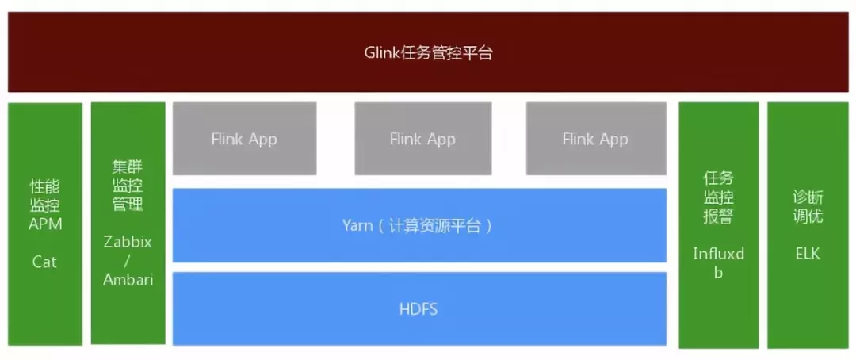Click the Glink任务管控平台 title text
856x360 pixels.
coord(428,54)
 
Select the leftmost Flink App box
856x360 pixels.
coord(245,139)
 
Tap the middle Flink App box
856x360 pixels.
coord(423,139)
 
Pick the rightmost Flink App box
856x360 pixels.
coord(596,139)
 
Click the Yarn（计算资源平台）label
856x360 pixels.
coord(418,226)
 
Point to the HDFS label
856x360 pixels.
coord(418,310)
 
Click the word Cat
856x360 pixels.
coord(44,262)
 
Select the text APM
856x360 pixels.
coord(44,224)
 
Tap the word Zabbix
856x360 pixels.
coord(128,242)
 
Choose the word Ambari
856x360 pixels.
coord(128,279)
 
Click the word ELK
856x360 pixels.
coord(808,254)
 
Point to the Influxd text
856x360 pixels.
coord(718,254)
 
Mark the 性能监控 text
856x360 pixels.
coord(44,196)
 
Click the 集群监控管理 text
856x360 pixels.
coord(128,186)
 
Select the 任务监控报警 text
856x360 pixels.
coord(718,197)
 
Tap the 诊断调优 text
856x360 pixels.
coord(808,206)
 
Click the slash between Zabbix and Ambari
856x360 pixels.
coord(128,261)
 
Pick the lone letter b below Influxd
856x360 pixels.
coord(718,273)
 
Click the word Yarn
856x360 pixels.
coord(357,226)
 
